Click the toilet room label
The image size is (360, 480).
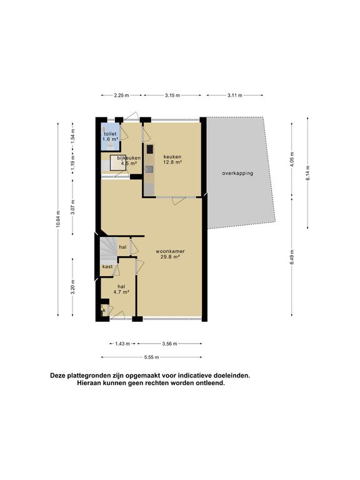tap(110, 136)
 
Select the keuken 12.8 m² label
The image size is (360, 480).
tap(172, 159)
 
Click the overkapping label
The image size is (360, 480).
tap(237, 173)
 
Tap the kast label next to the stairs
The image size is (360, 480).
tap(107, 267)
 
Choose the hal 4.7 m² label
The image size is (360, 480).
tap(121, 289)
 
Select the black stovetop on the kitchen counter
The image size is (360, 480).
tap(150, 149)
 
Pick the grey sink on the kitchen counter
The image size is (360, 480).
tap(150, 168)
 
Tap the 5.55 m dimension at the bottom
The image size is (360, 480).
tap(151, 357)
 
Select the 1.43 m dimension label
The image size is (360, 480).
tap(122, 344)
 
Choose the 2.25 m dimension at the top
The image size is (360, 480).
tap(121, 96)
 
